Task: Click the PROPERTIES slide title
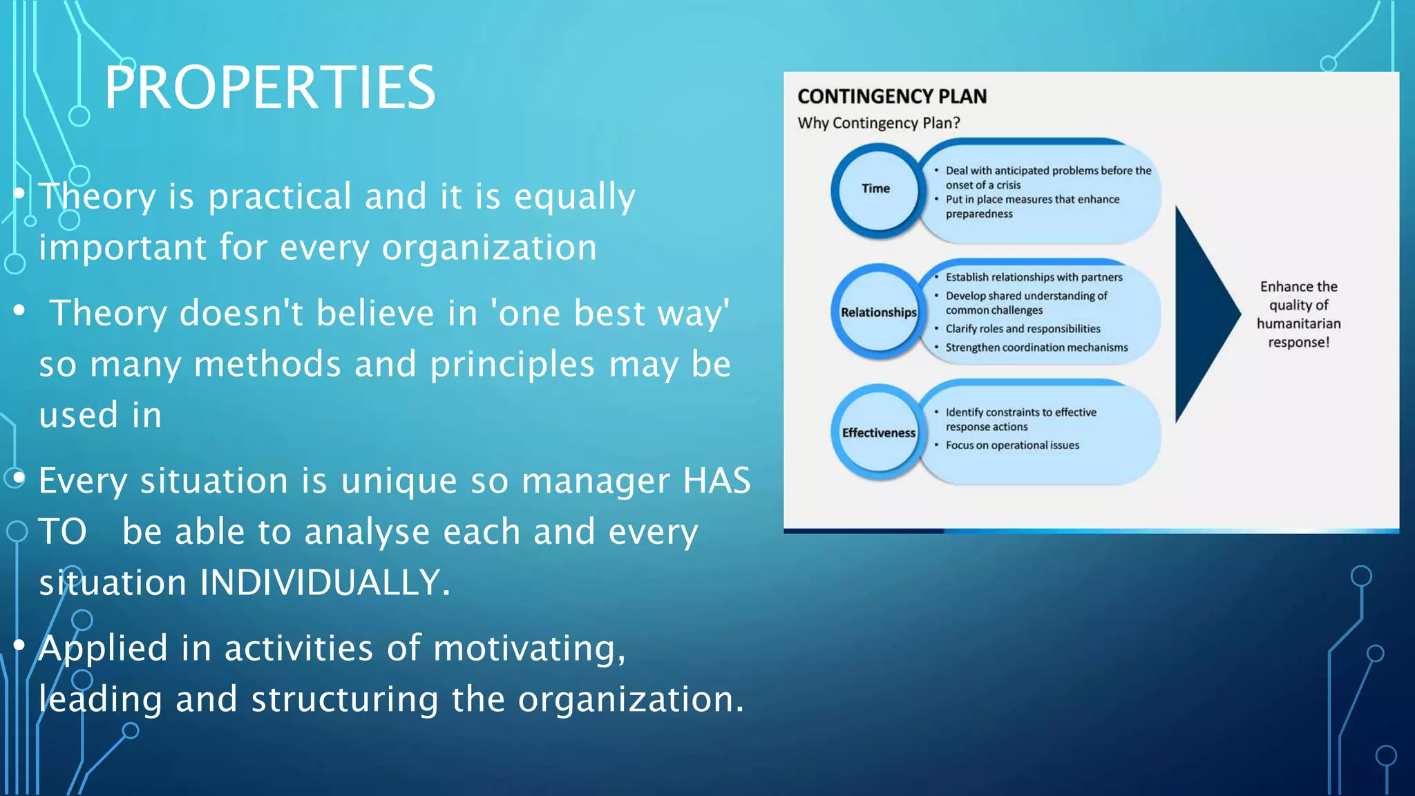click(x=269, y=88)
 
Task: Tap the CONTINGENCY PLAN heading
click(x=891, y=96)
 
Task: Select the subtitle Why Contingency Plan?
click(x=878, y=123)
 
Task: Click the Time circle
click(x=876, y=189)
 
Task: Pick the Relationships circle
click(x=878, y=312)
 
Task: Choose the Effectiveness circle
click(x=878, y=433)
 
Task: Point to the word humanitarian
click(x=1298, y=323)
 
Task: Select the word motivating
click(x=529, y=648)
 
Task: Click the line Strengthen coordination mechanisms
click(x=1036, y=348)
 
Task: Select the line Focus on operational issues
click(x=1012, y=446)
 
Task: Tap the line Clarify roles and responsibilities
click(x=1023, y=329)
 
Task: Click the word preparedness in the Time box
click(x=979, y=214)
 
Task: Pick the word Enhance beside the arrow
click(x=1298, y=287)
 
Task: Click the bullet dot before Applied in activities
click(x=19, y=645)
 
